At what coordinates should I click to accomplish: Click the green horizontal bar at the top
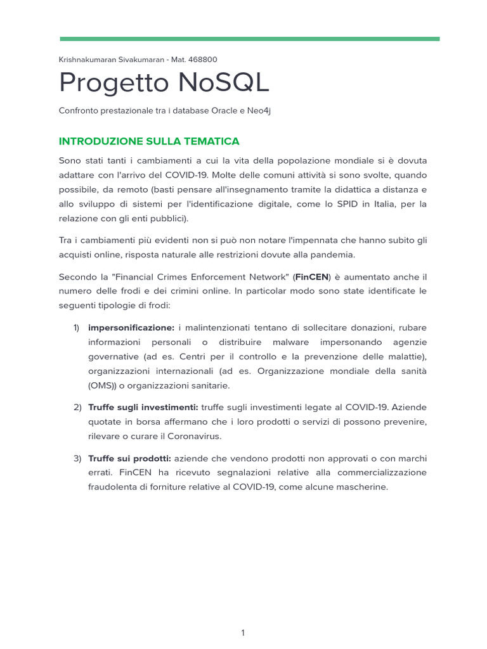point(249,39)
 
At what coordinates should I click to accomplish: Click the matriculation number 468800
point(203,60)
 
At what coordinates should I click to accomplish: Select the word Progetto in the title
point(110,83)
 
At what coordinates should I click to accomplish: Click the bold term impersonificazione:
point(131,327)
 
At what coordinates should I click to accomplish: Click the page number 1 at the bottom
point(243,615)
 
